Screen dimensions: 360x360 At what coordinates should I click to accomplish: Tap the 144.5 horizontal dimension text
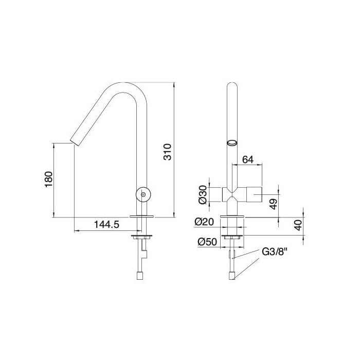coord(106,225)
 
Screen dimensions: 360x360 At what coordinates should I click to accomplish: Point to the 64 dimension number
coord(248,160)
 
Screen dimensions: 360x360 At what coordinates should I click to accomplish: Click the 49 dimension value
coord(274,203)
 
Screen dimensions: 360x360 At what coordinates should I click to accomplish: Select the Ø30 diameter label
coord(203,194)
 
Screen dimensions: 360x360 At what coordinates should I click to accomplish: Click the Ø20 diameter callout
coord(204,222)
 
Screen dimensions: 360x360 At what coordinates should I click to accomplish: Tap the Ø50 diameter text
coord(206,240)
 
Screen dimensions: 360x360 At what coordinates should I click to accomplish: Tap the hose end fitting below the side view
coord(139,276)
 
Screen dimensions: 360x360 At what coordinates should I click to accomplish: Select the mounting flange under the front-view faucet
coord(233,237)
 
